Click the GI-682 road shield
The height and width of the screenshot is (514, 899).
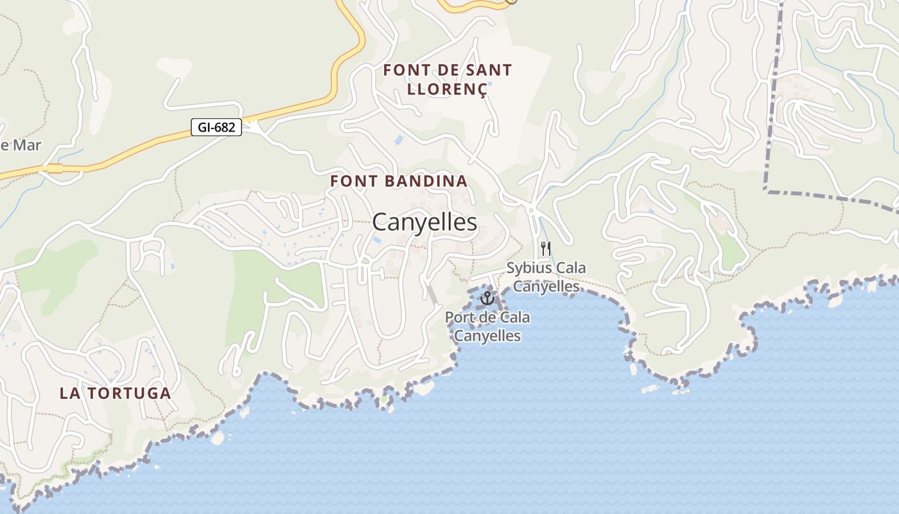point(216,127)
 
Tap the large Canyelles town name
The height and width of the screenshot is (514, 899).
point(424,222)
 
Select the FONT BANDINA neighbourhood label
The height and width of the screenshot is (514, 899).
point(399,181)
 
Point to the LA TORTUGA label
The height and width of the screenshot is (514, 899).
point(116,393)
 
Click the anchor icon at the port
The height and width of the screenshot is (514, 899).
point(487,298)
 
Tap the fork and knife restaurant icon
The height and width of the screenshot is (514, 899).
point(545,248)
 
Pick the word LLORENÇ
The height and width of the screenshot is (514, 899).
point(448,89)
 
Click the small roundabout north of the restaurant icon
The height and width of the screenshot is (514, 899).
point(530,209)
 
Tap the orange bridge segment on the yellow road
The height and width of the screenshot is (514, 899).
point(55,168)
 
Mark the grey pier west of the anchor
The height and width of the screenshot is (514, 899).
point(433,294)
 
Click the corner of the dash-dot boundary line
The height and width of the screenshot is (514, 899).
point(766,190)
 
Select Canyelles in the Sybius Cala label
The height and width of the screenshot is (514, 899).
point(546,286)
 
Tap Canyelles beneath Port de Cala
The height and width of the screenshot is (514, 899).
point(487,335)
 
